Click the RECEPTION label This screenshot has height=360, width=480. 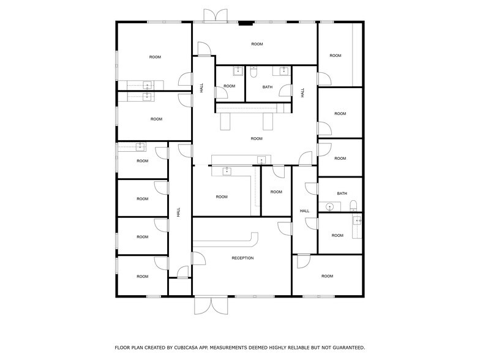coord(242,258)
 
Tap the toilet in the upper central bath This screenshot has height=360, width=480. coord(253,73)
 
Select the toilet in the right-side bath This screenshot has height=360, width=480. coord(351,206)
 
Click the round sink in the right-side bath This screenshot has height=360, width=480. coord(329,206)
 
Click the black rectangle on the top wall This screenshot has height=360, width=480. coord(246,24)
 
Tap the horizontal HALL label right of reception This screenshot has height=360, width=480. coord(304,211)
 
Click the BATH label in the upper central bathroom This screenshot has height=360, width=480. coord(268,87)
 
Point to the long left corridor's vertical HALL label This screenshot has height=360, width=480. coord(179,212)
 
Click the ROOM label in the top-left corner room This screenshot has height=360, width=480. coord(155,57)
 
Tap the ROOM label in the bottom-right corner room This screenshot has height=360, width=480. coord(328,276)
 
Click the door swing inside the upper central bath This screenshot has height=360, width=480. coord(285,91)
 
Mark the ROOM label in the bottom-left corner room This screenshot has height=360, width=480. coord(143,277)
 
